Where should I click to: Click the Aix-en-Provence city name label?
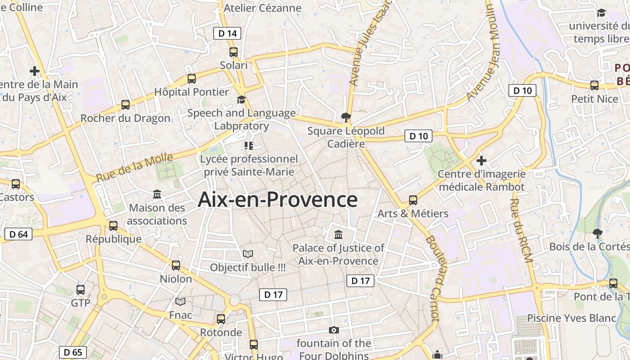(x=278, y=199)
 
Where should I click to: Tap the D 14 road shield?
(x=227, y=33)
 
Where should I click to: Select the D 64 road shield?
(x=18, y=234)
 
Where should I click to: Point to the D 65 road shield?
(x=73, y=352)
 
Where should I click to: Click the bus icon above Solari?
(x=233, y=52)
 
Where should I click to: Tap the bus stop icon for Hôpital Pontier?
(x=192, y=78)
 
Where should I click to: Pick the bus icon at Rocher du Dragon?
(x=126, y=105)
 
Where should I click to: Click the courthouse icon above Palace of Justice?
(x=338, y=234)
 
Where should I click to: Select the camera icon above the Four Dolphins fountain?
(x=333, y=330)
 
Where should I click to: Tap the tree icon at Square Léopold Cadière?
(x=346, y=117)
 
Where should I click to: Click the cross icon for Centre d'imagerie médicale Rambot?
(x=481, y=160)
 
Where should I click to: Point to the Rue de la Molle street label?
(x=135, y=167)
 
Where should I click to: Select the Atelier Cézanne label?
(x=262, y=8)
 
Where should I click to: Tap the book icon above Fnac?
(x=180, y=301)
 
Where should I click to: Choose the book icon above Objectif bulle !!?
(x=248, y=254)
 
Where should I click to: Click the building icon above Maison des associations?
(x=157, y=194)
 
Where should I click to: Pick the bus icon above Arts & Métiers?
(x=413, y=200)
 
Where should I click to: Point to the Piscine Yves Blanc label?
(x=571, y=318)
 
